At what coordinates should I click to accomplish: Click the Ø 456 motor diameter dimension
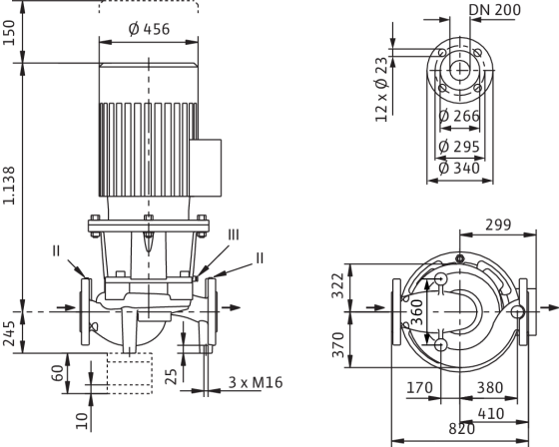(x=149, y=29)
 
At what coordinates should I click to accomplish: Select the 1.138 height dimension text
(x=9, y=186)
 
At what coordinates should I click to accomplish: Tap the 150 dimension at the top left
(x=9, y=33)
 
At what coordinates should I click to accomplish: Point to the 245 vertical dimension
(x=9, y=333)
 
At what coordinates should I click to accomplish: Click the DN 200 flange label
(x=494, y=10)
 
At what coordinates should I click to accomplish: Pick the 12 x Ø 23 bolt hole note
(x=381, y=90)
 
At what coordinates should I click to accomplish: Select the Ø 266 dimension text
(x=459, y=116)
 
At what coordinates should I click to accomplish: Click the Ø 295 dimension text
(x=459, y=146)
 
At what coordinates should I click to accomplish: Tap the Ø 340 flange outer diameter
(x=459, y=169)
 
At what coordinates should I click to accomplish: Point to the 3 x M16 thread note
(x=256, y=382)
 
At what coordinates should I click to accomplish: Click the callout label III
(x=234, y=235)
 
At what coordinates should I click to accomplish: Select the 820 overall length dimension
(x=461, y=429)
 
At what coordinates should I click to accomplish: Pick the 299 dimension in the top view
(x=498, y=224)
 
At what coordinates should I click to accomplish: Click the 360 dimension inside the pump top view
(x=417, y=312)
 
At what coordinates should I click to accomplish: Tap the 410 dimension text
(x=491, y=414)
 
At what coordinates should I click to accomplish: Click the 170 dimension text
(x=419, y=387)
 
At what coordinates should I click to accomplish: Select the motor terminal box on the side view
(x=206, y=168)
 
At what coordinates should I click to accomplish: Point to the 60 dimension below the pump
(x=58, y=373)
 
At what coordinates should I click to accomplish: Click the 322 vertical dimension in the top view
(x=337, y=286)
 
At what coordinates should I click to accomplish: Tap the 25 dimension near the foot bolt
(x=172, y=377)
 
